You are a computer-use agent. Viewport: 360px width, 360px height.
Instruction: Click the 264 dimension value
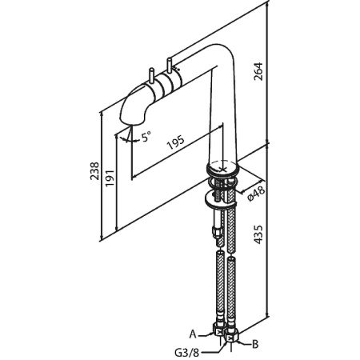click(x=258, y=71)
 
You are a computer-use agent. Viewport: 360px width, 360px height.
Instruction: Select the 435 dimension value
click(x=258, y=234)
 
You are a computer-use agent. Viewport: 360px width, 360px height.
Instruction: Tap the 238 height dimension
click(x=94, y=171)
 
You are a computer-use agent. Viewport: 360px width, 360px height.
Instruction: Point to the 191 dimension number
click(x=110, y=178)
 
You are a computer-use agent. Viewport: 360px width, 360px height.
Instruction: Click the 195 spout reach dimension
click(x=175, y=142)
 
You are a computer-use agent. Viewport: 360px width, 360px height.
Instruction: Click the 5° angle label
click(x=146, y=137)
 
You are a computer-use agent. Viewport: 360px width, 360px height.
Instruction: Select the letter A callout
click(x=193, y=334)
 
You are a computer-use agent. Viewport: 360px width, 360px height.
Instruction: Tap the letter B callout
click(x=255, y=344)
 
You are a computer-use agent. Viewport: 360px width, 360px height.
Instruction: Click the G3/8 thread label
click(x=187, y=353)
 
